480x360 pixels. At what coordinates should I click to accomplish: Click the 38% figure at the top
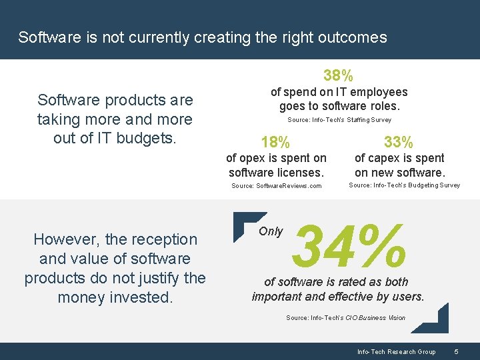[x=339, y=75]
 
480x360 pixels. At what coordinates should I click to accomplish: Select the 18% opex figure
[x=275, y=142]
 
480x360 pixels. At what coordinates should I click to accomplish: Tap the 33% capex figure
[x=399, y=142]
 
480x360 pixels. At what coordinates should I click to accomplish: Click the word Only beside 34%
[x=271, y=231]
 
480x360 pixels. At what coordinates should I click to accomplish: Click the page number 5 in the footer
[x=456, y=351]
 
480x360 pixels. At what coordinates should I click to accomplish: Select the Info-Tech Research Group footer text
[x=396, y=351]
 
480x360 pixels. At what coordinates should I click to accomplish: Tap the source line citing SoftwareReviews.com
[x=276, y=186]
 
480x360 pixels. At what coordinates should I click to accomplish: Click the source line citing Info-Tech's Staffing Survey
[x=339, y=120]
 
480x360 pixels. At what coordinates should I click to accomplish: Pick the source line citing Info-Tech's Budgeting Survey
[x=404, y=185]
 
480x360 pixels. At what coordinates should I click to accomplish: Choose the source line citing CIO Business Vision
[x=345, y=318]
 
